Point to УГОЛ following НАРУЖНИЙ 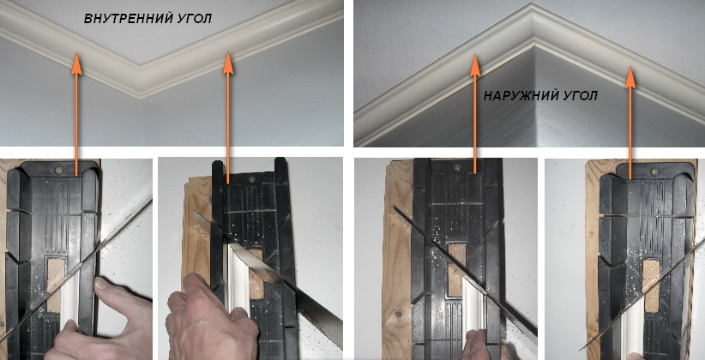point(581,96)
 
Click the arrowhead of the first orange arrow point(76,63)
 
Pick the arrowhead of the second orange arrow point(228,63)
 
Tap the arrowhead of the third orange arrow point(475,65)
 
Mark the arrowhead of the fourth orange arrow point(630,77)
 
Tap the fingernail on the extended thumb point(103,284)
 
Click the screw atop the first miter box point(59,170)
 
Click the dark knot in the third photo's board point(398,313)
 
